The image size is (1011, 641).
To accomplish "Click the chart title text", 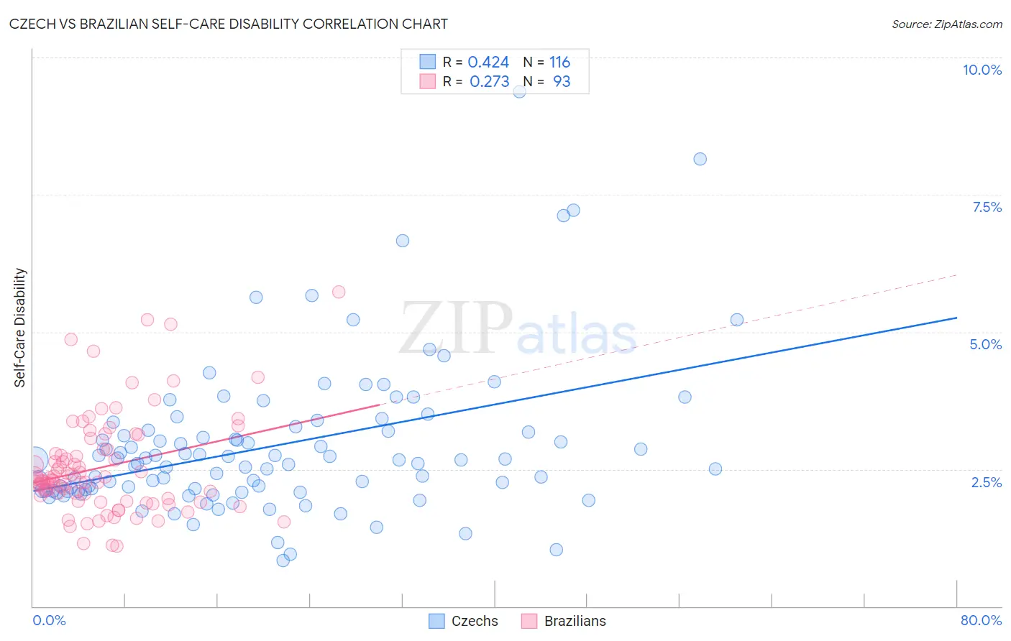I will point(229,24).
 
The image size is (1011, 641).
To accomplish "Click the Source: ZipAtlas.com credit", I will point(946,24).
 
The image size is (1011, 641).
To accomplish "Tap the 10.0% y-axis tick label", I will point(982,70).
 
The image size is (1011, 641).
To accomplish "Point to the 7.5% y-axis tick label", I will point(987,207).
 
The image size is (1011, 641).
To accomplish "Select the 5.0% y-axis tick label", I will point(985,344).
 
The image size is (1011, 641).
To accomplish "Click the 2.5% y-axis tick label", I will point(986,482).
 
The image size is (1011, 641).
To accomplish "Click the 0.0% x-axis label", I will point(49,620).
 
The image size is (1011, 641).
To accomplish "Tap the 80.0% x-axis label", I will point(981,620).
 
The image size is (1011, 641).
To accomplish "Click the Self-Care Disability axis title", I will point(20,328).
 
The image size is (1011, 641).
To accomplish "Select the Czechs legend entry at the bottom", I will point(464,621).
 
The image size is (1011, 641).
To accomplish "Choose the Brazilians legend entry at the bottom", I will point(564,621).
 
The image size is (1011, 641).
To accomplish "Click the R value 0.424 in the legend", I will point(488,62).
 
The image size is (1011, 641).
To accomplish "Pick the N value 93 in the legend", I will point(561,81).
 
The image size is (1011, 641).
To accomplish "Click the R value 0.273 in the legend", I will point(489,81).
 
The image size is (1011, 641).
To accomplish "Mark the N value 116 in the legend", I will point(559,62).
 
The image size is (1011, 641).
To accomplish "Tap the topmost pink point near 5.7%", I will point(339,291).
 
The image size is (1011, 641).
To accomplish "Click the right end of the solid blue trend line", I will point(956,318).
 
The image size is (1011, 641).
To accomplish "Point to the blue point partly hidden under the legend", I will point(519,91).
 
